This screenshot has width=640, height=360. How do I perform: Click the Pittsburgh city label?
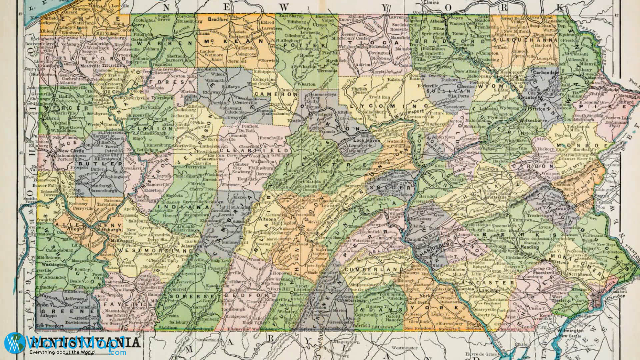point(112,230)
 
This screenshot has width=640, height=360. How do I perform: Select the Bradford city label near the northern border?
point(218,19)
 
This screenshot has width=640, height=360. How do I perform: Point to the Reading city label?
point(530,247)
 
